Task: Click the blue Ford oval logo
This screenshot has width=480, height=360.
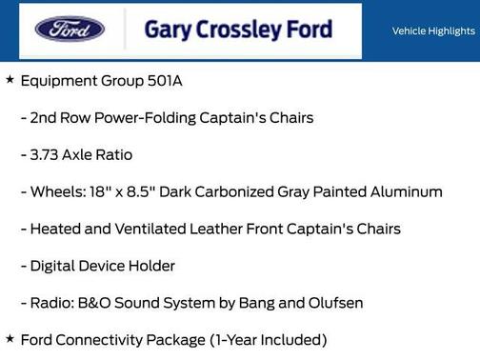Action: point(70,29)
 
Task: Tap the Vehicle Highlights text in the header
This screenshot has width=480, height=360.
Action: point(433,31)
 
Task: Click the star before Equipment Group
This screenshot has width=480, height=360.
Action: point(10,80)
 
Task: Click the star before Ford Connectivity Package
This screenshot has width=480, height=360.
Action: point(10,338)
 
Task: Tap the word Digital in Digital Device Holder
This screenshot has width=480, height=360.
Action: point(54,266)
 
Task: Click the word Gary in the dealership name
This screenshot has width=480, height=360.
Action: point(166,30)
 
